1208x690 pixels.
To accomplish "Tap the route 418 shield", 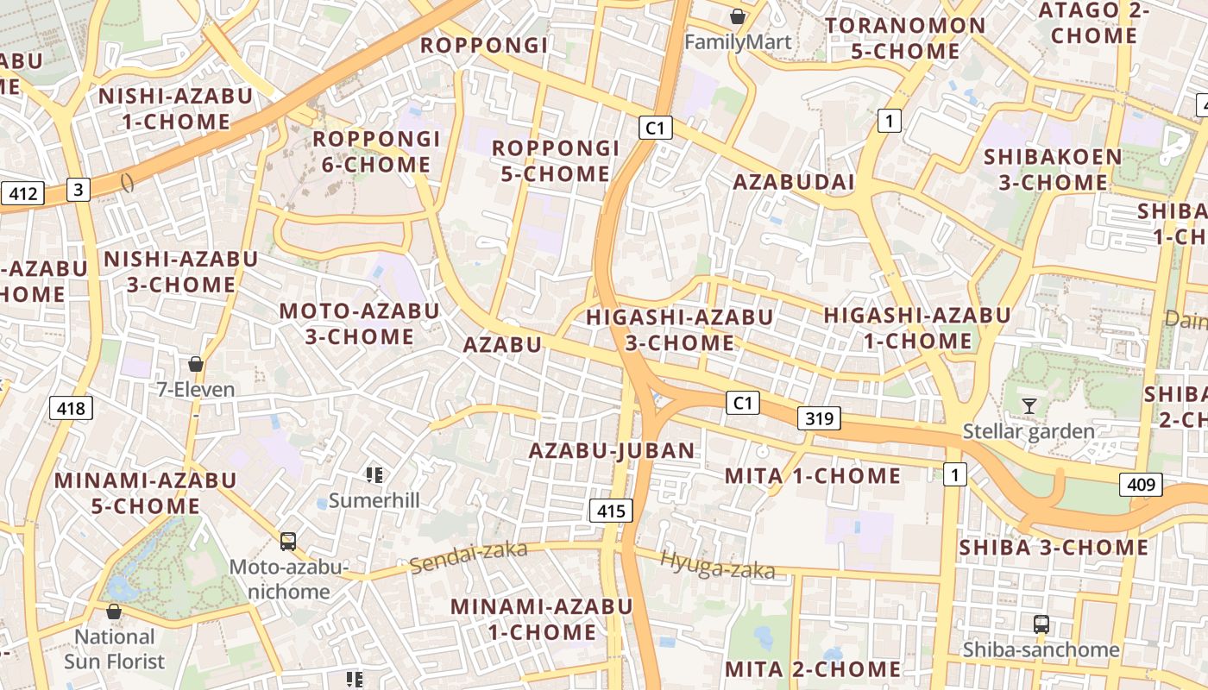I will (71, 407).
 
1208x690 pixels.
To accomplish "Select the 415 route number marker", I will (611, 511).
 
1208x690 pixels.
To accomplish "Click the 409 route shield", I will (1141, 485).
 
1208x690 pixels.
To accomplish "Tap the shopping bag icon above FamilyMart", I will (738, 16).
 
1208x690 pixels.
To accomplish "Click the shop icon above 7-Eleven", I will (196, 364).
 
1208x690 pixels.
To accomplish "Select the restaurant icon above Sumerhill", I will (374, 474).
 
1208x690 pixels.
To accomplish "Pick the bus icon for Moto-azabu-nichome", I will (288, 542).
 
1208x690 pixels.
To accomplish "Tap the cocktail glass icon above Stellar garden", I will (1029, 405).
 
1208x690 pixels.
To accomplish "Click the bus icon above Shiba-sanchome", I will (1041, 624).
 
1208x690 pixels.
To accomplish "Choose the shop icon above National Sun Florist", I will (113, 612).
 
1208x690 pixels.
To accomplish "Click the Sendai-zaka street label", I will (468, 557).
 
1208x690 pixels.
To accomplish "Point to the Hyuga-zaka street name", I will (717, 565).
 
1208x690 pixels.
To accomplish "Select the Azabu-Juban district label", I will (612, 450).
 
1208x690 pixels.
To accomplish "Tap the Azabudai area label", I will (794, 182).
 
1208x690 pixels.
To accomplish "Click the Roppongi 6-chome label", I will (376, 152).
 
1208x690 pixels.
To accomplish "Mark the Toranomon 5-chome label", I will (905, 38).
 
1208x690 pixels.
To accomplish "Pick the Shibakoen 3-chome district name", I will (1053, 169).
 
